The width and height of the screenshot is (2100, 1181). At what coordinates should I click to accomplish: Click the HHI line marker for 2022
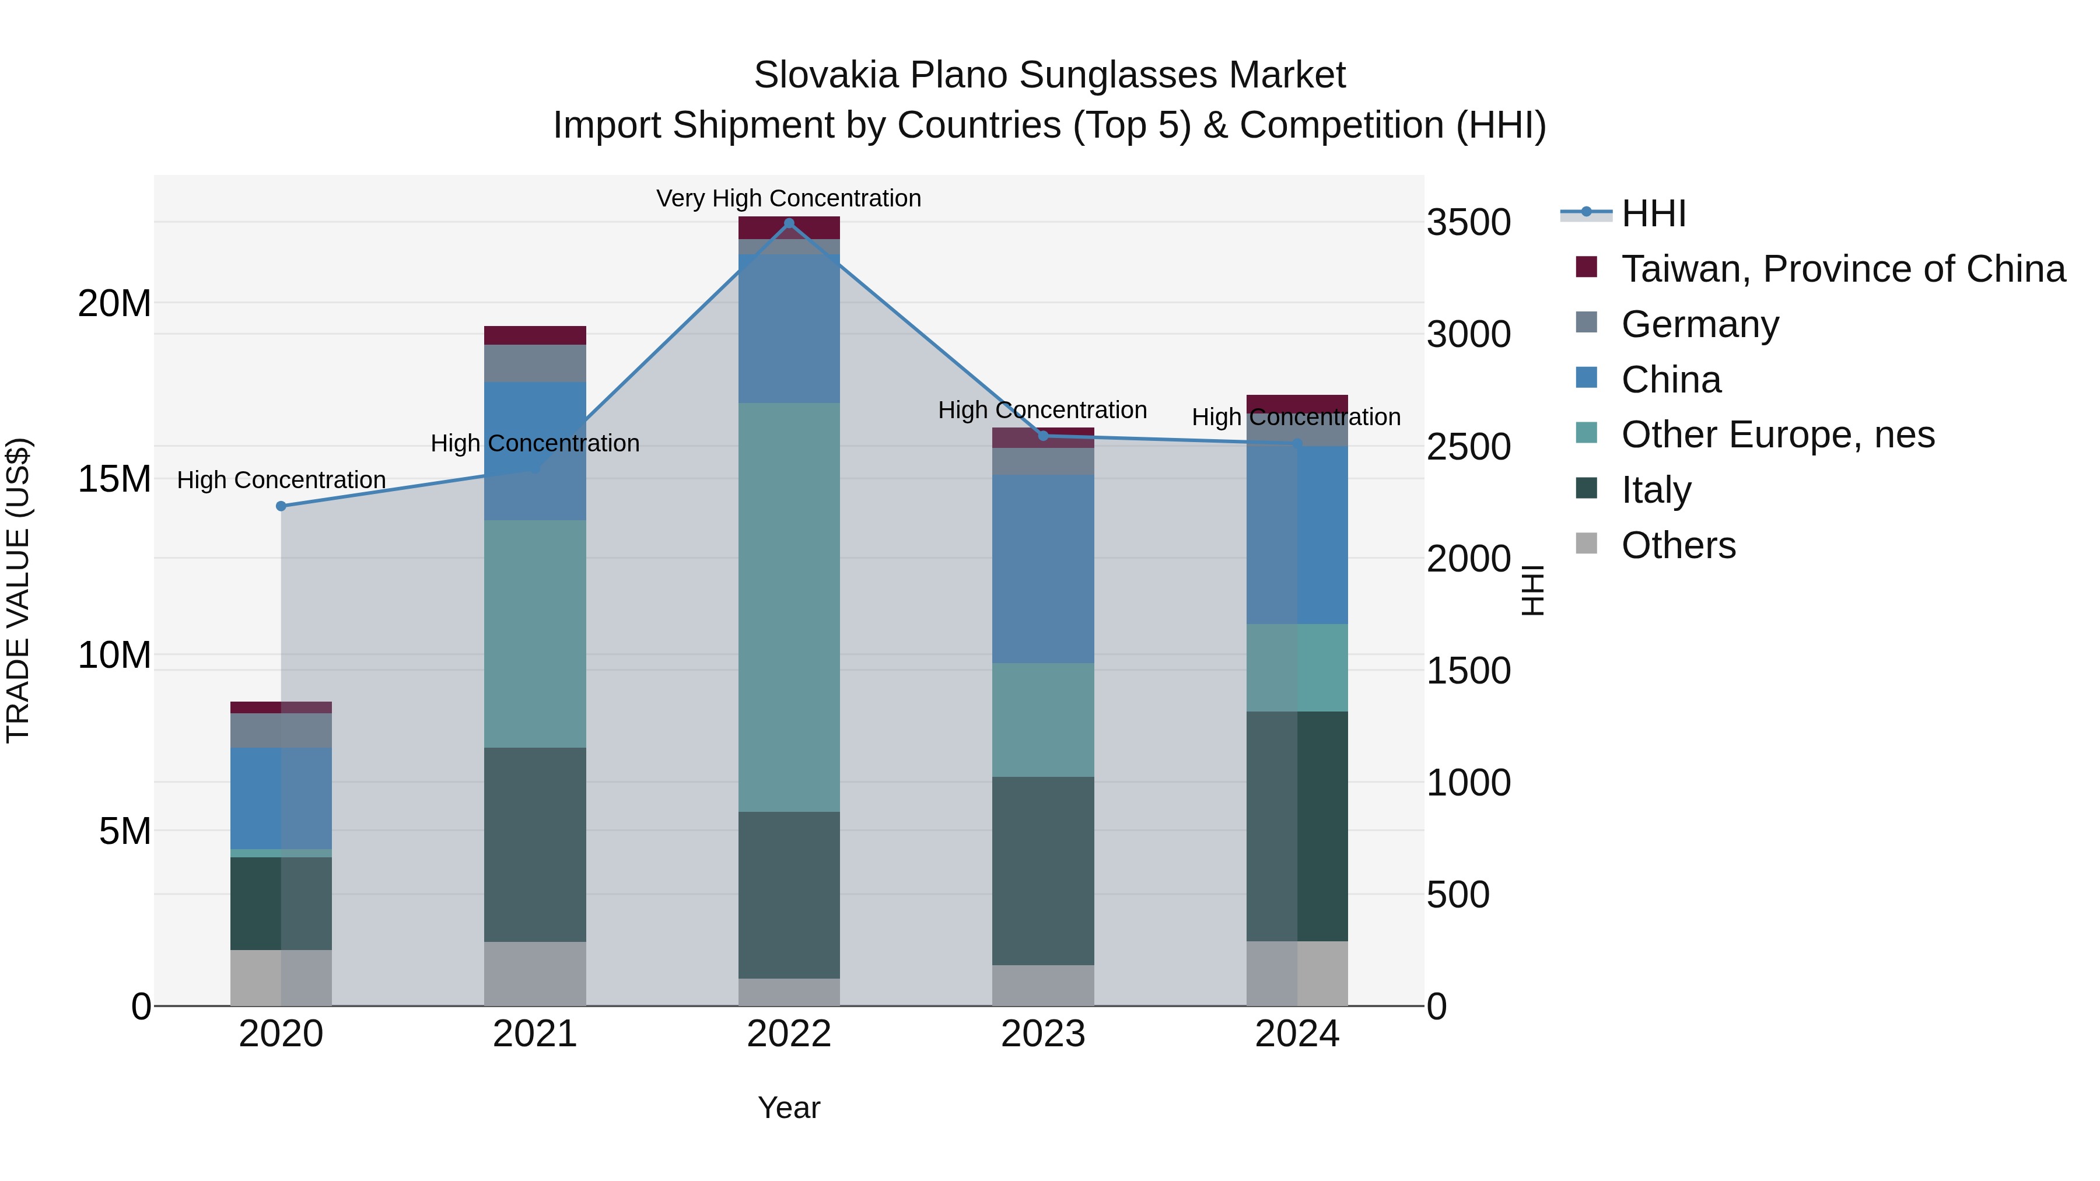[x=788, y=223]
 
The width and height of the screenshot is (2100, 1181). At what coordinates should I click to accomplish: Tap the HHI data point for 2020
[x=281, y=506]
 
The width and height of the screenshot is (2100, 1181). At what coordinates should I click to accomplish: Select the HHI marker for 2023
[x=1042, y=436]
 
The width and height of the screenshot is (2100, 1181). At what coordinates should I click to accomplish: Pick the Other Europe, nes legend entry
[x=1777, y=434]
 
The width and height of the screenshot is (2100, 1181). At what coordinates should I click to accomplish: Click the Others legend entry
[x=1678, y=545]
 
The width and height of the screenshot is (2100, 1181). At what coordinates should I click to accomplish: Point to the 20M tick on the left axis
[x=114, y=304]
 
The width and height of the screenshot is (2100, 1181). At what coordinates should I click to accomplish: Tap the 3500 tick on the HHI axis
[x=1468, y=223]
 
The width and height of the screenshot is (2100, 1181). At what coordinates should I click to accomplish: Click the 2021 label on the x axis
[x=535, y=1034]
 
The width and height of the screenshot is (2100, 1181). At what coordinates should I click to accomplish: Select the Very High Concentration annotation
[x=788, y=198]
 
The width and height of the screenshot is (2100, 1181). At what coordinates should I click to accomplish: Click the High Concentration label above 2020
[x=281, y=480]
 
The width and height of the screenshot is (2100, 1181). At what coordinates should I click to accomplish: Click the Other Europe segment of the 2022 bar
[x=788, y=607]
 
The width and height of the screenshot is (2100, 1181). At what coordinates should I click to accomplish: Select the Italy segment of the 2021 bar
[x=535, y=844]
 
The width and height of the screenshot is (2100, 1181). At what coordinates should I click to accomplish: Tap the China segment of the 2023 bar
[x=1042, y=569]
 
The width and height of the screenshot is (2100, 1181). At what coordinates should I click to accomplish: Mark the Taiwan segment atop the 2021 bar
[x=535, y=335]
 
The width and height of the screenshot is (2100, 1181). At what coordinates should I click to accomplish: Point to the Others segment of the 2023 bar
[x=1042, y=986]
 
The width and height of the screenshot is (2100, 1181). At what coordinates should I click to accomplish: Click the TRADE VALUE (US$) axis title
[x=18, y=590]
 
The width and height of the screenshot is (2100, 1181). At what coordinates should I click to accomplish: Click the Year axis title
[x=788, y=1108]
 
